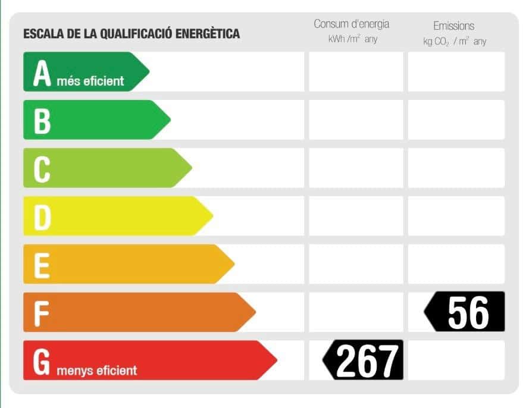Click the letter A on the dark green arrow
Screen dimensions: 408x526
[42, 73]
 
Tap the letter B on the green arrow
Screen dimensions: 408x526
[42, 121]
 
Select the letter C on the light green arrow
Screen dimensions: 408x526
[42, 169]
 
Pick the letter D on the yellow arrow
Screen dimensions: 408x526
[42, 217]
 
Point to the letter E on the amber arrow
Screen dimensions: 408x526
[41, 265]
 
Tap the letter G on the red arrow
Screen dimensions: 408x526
[42, 362]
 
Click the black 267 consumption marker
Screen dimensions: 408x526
[364, 360]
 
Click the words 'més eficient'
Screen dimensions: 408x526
[90, 81]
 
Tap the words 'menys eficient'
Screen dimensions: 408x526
[97, 371]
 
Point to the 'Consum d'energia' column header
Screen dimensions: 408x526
[352, 24]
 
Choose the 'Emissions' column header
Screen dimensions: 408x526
[454, 26]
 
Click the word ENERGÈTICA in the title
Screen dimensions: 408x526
[208, 33]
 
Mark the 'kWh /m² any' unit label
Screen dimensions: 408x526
[352, 40]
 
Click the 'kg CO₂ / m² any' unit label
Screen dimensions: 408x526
[455, 42]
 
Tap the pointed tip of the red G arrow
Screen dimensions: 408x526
[276, 360]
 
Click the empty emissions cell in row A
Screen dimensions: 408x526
[456, 71]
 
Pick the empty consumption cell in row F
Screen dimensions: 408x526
[356, 312]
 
